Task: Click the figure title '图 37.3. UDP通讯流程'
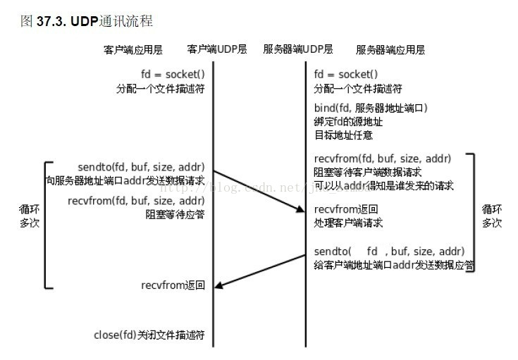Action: click(88, 21)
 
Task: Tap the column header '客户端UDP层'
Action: click(217, 50)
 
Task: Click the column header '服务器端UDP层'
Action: click(298, 50)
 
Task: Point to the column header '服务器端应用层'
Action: click(390, 50)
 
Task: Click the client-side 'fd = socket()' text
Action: click(173, 75)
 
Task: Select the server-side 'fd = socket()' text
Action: click(346, 75)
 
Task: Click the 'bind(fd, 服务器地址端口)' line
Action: click(371, 108)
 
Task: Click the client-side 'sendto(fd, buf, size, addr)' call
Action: click(141, 168)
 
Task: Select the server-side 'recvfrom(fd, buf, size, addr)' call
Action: click(383, 159)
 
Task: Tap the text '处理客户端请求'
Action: click(348, 223)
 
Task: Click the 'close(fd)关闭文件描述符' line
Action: click(149, 335)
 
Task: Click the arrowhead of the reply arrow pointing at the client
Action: click(219, 285)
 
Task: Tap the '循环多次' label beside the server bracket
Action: click(491, 216)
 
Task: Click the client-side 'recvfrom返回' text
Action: click(173, 285)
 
